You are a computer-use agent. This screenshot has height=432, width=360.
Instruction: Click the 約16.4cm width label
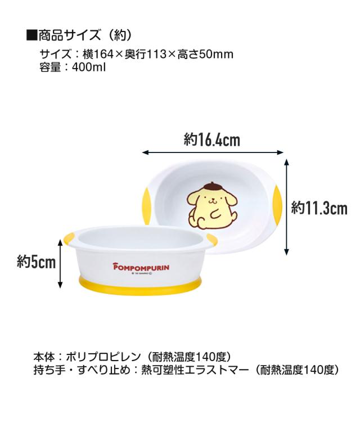click(x=213, y=140)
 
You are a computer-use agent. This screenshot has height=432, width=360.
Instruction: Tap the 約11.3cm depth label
click(x=319, y=209)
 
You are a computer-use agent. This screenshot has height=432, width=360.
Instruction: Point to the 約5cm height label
click(x=37, y=262)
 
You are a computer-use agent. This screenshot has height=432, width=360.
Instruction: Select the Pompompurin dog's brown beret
click(x=205, y=184)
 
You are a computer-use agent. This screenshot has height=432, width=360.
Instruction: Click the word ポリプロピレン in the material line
click(x=101, y=358)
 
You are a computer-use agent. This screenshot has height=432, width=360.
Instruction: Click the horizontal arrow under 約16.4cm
click(x=213, y=152)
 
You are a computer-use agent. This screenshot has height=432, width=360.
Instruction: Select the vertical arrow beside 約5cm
click(x=61, y=263)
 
